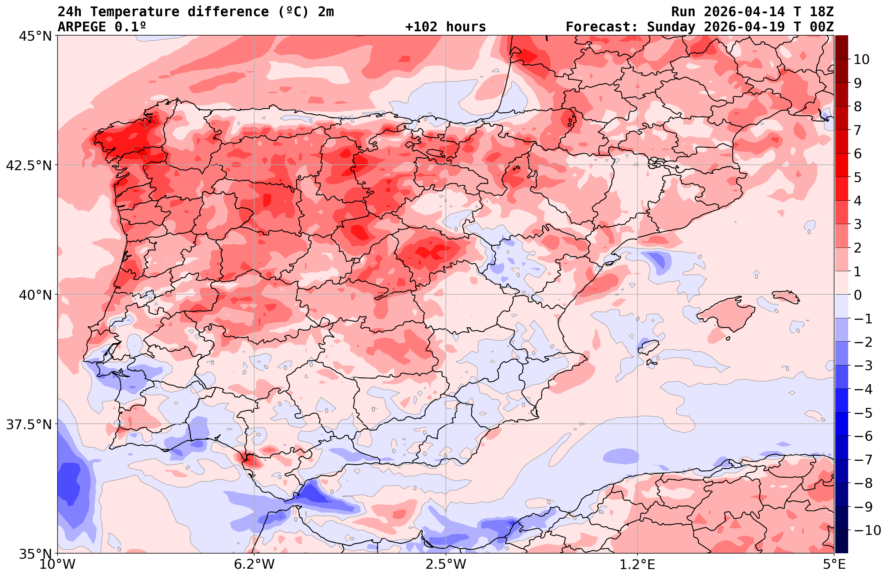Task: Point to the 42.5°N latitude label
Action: (29, 165)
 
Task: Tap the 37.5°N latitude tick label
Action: (29, 424)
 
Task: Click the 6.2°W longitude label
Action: (254, 564)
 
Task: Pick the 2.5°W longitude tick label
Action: (446, 564)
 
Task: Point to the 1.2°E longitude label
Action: (637, 564)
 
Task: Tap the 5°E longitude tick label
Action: (833, 564)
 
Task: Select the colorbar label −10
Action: (867, 530)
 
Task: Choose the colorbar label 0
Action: (858, 295)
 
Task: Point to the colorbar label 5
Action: (858, 178)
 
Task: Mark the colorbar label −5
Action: (863, 413)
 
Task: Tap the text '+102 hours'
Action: (445, 27)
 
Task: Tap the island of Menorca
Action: (786, 296)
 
